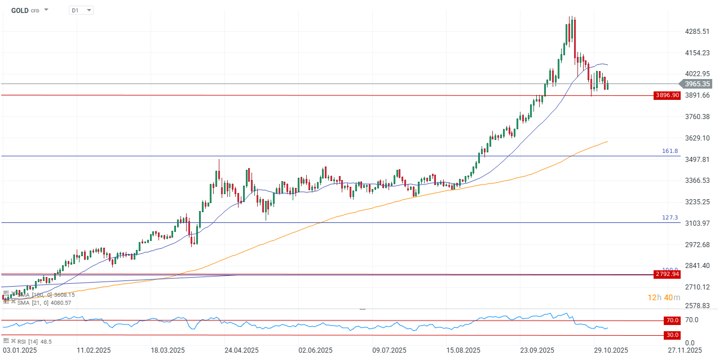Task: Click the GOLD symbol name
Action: pos(20,10)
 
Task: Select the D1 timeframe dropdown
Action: pos(81,10)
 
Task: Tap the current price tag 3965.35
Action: pos(697,84)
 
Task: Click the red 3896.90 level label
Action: pos(667,95)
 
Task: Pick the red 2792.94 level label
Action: pos(667,275)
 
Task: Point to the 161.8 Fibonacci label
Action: pos(670,151)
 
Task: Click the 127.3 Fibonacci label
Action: pos(670,218)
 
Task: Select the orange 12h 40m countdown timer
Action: pos(664,297)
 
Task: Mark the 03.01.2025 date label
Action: pos(20,350)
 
